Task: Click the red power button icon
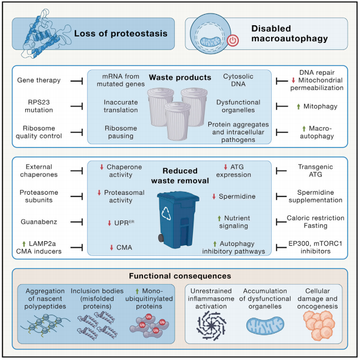pyautogui.click(x=233, y=41)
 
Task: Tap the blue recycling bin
pyautogui.click(x=178, y=220)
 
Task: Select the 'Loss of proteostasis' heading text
pyautogui.click(x=121, y=34)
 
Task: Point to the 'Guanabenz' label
pyautogui.click(x=39, y=222)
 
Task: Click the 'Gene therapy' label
pyautogui.click(x=39, y=80)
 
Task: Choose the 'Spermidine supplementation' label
pyautogui.click(x=315, y=196)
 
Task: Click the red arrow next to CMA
pyautogui.click(x=112, y=248)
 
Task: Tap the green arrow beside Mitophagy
pyautogui.click(x=298, y=106)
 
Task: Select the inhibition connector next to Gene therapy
pyautogui.click(x=76, y=81)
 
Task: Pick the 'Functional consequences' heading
pyautogui.click(x=180, y=276)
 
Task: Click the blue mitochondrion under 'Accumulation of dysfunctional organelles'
pyautogui.click(x=265, y=325)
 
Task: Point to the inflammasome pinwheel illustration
pyautogui.click(x=211, y=325)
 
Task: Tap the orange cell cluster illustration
pyautogui.click(x=319, y=325)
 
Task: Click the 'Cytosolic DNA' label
pyautogui.click(x=238, y=80)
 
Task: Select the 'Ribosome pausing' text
pyautogui.click(x=121, y=132)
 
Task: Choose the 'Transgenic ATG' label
pyautogui.click(x=315, y=171)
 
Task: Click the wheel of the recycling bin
pyautogui.click(x=161, y=238)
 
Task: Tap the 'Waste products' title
pyautogui.click(x=180, y=78)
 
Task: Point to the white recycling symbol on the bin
pyautogui.click(x=166, y=214)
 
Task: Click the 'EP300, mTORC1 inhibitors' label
pyautogui.click(x=315, y=247)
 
